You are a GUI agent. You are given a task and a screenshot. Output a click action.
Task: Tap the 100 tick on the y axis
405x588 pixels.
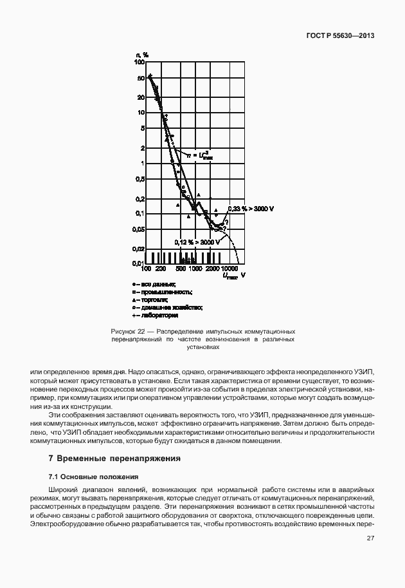(139, 63)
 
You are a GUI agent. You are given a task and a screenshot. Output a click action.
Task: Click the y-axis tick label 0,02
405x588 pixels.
(138, 248)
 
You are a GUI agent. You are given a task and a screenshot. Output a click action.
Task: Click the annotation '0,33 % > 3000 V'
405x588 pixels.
(250, 209)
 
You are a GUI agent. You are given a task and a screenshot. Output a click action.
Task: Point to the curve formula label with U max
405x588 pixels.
(199, 155)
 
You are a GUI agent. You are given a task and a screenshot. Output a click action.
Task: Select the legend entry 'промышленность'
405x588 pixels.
(161, 292)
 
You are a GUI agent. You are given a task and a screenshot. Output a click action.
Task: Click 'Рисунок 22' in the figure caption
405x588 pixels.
(128, 331)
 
